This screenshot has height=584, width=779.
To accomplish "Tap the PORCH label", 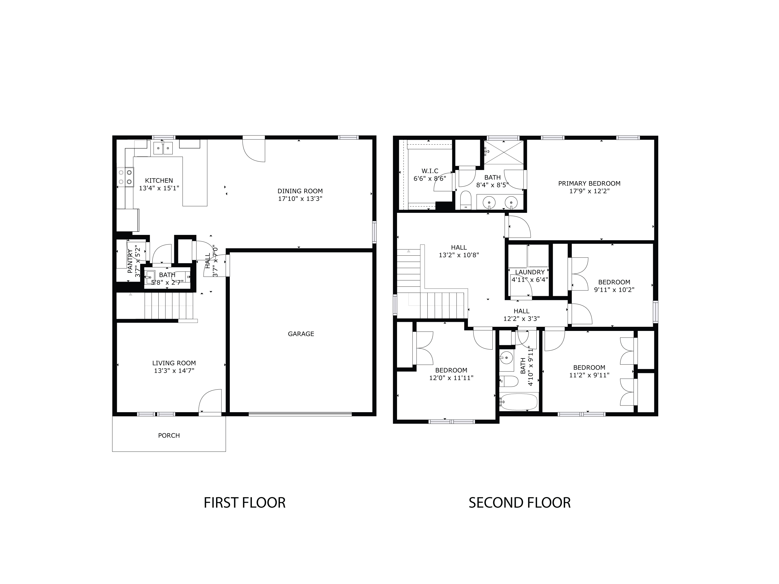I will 169,436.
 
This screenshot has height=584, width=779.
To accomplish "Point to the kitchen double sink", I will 163,148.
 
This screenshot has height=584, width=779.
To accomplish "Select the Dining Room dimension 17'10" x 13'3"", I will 300,199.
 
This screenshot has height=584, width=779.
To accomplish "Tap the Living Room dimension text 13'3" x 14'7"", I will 174,371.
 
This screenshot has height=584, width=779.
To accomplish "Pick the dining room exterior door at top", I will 254,150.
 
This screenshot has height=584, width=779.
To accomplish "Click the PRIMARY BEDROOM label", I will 589,184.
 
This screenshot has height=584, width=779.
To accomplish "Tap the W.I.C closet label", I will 430,171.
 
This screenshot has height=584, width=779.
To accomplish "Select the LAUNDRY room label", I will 530,272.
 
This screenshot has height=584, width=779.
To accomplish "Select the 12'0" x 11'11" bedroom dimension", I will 451,378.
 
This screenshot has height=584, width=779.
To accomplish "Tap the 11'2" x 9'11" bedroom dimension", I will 589,375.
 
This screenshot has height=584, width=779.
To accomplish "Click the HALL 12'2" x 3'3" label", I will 521,315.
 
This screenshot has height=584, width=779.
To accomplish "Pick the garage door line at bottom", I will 300,414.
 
